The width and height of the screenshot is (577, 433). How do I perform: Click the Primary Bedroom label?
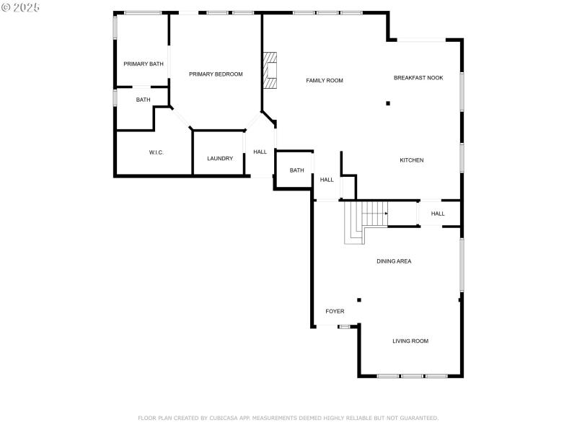coord(216,74)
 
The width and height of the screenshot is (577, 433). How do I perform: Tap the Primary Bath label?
coord(143,64)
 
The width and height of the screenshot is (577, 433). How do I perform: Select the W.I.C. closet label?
coord(157,152)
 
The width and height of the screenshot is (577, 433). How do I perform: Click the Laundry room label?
coord(220,159)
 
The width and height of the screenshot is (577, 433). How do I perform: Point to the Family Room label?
coord(324,81)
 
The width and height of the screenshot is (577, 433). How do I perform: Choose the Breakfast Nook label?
coord(418,78)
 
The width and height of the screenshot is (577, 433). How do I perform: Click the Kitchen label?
coord(412,160)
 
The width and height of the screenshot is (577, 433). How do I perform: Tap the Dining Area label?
coord(394,261)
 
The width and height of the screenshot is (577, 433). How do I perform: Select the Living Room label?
coord(410,341)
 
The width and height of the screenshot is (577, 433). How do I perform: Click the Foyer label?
coord(335,312)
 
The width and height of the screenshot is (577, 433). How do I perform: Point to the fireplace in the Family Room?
coord(270,70)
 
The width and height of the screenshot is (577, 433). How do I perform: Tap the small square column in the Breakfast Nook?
coord(388,103)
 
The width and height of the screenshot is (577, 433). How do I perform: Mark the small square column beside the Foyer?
coord(359,300)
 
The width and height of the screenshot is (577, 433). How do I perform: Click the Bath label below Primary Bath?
coord(144,100)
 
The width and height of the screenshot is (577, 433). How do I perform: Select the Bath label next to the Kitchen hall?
coord(296,171)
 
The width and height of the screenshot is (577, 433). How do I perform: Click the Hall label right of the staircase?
coord(438,214)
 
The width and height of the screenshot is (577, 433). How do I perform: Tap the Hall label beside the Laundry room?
coord(260,152)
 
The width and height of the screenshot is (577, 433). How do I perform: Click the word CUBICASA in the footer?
coord(225,418)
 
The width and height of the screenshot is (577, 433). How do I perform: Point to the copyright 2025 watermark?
coord(21,7)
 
